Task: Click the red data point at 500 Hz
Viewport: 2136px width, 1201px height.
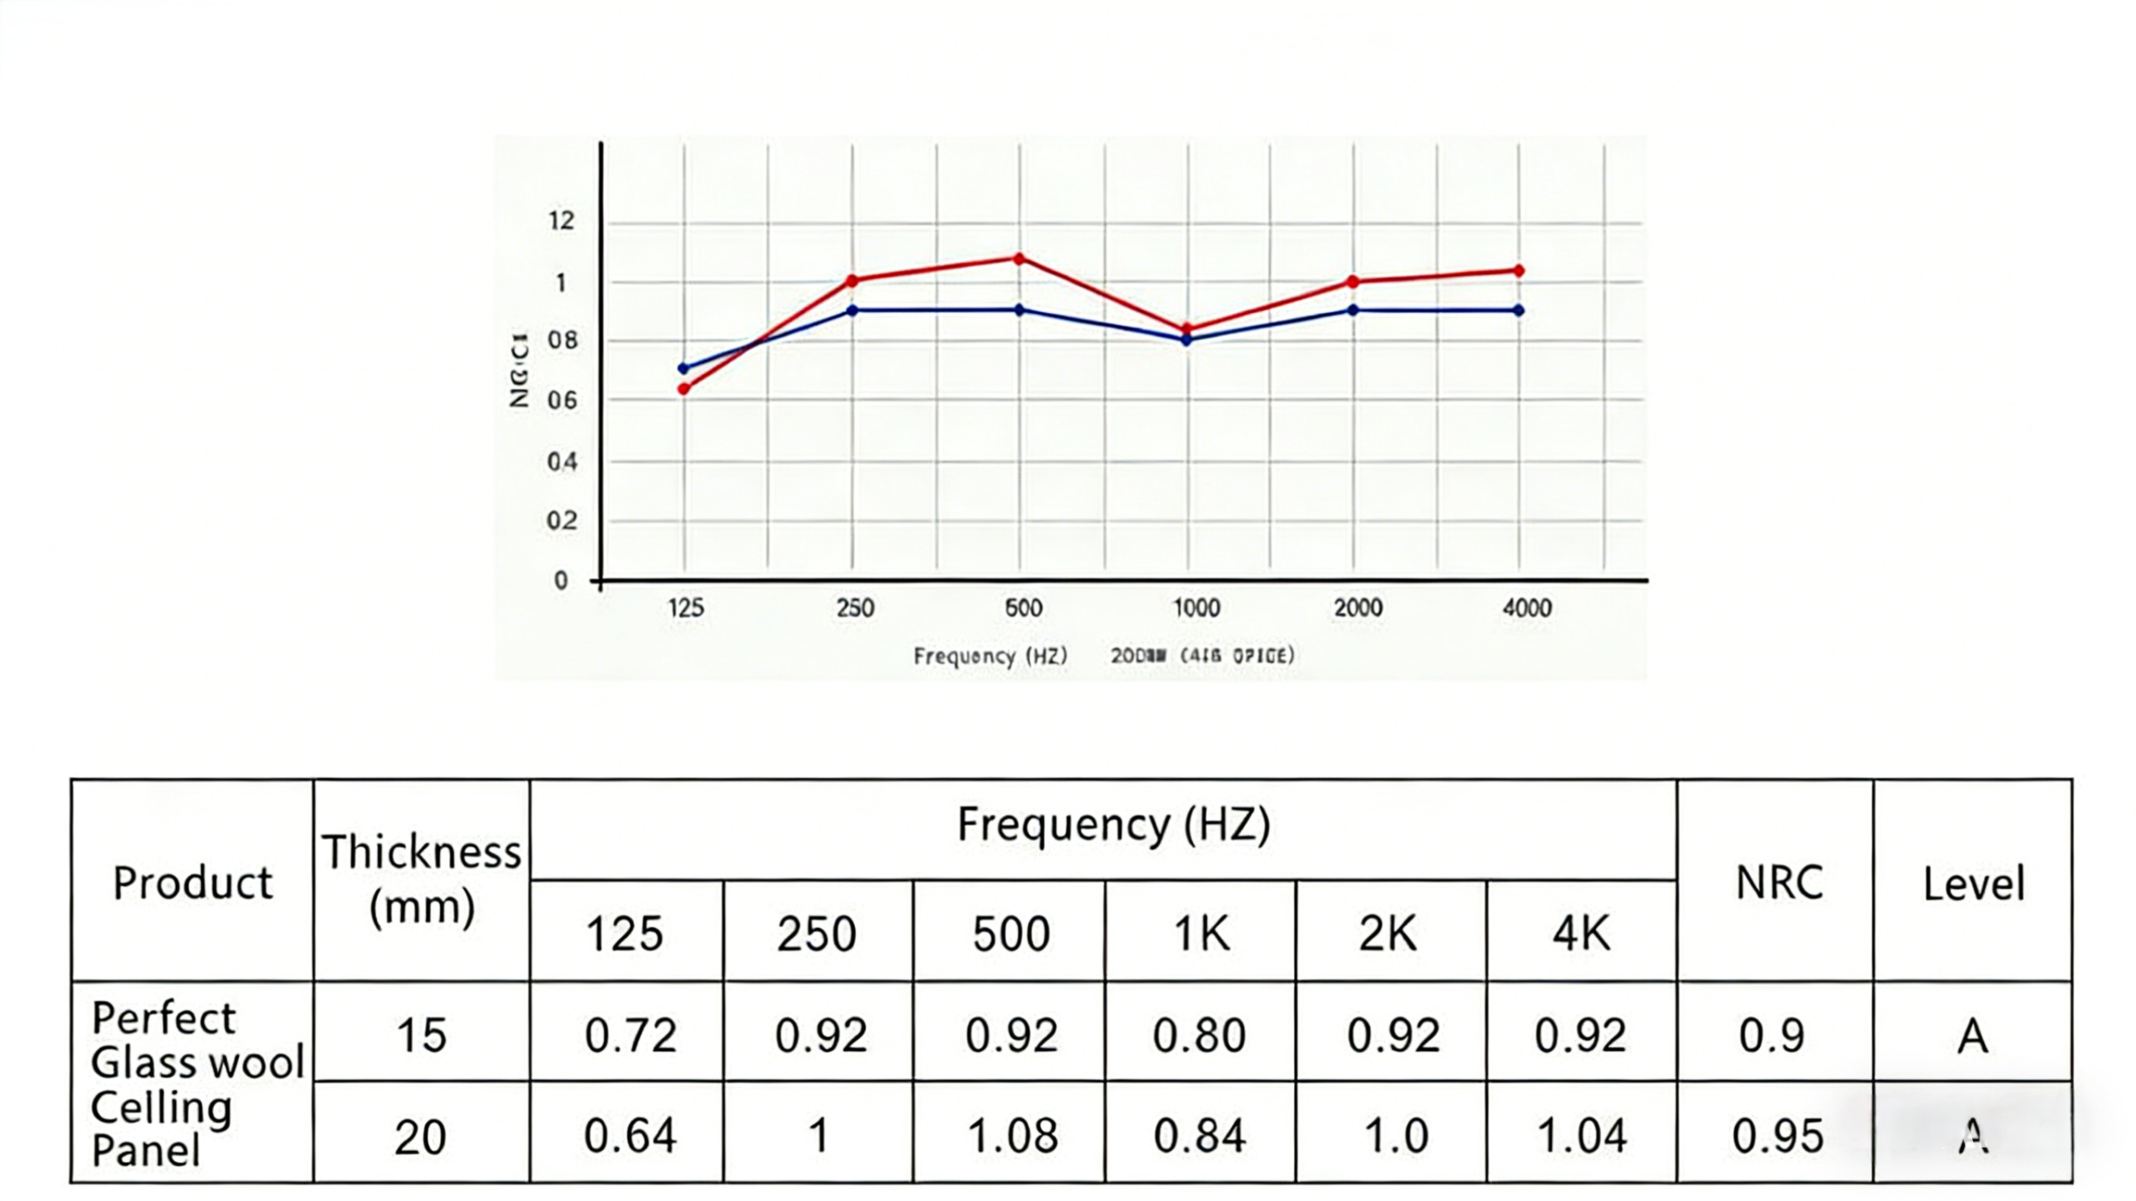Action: tap(1019, 259)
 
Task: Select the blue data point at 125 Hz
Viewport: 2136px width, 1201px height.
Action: tap(684, 368)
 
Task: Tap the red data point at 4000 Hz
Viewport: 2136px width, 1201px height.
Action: tap(1519, 270)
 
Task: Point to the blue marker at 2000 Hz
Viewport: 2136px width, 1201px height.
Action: tap(1353, 310)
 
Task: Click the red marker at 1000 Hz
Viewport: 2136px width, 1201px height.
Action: tap(1186, 329)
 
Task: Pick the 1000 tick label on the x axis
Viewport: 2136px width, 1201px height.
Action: tap(1196, 608)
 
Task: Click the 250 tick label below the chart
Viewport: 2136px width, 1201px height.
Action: tap(855, 608)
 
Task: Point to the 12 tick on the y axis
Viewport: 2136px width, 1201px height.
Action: tap(562, 220)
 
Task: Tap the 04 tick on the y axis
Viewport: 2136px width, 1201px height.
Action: tap(562, 462)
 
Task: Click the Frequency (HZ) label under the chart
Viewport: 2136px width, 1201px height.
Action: tap(990, 656)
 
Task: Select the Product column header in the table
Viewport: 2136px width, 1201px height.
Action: tap(193, 883)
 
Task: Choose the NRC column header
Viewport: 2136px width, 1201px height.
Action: tap(1779, 883)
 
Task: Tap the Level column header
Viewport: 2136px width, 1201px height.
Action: tap(1973, 884)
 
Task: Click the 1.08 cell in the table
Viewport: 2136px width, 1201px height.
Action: tap(1012, 1136)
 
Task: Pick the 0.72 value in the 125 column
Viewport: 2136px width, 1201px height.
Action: tap(630, 1036)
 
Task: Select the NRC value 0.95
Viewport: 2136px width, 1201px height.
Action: tap(1777, 1136)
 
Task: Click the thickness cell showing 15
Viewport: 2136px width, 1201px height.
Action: tap(421, 1036)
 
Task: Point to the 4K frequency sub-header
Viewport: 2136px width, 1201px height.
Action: tap(1580, 933)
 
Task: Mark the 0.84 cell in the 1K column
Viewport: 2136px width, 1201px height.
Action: tap(1200, 1136)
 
